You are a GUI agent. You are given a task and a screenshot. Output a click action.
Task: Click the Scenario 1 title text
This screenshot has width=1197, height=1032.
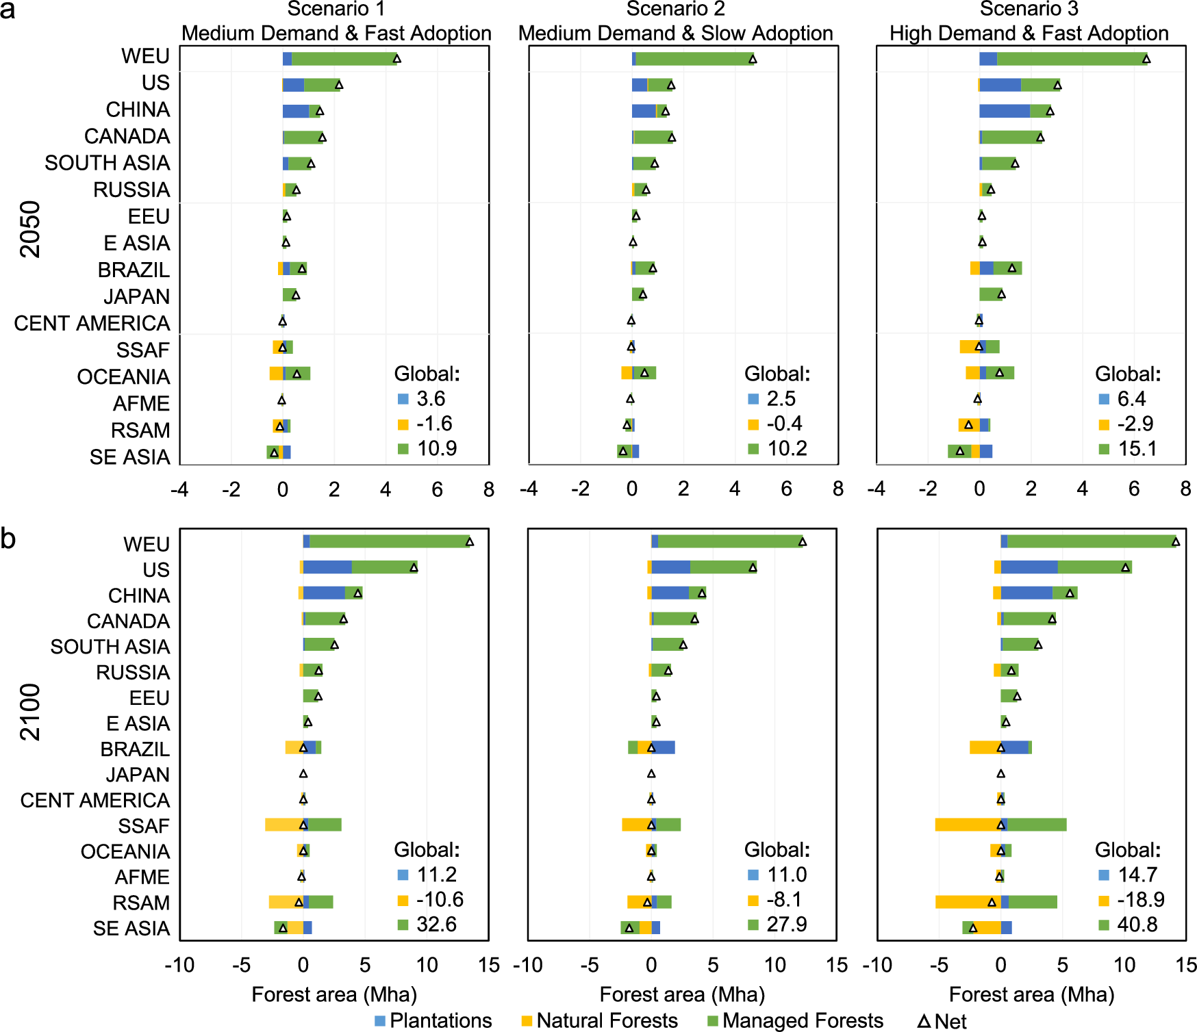pos(336,9)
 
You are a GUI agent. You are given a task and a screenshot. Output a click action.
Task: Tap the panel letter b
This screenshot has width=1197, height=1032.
pos(8,539)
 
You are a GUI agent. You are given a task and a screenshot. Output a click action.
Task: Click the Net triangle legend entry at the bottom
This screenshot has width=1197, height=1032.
pos(942,1021)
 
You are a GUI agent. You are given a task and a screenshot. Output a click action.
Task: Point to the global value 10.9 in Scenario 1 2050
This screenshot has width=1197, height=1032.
pos(437,448)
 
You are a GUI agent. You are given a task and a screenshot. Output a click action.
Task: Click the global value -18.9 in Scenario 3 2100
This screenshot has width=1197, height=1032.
pos(1140,899)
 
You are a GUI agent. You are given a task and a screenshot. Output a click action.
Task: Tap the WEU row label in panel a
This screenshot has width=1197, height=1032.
pos(145,56)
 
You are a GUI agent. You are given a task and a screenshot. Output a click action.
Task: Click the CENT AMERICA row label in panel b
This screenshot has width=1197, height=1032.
pos(94,800)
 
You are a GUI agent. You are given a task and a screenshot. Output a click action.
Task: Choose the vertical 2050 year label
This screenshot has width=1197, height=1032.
pos(30,229)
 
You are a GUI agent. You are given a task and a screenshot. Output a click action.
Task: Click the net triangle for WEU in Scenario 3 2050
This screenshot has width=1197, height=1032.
pos(1146,59)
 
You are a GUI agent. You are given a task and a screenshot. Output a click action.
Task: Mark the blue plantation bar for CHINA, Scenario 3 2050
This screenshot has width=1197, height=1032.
pos(1004,111)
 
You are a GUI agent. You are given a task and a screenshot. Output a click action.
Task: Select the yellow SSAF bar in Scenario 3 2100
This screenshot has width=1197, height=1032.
pos(967,825)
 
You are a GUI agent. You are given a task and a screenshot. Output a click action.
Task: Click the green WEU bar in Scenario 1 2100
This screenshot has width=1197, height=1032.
pos(389,541)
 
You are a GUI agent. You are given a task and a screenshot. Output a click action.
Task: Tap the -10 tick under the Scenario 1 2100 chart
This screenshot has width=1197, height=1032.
pos(179,965)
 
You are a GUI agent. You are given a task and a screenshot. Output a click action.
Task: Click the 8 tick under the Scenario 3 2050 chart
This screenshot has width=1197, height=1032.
pos(1185,489)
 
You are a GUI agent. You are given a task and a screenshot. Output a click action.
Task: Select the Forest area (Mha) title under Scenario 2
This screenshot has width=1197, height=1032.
pos(682,994)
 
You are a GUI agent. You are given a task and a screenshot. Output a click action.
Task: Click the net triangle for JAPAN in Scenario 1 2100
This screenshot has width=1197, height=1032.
pos(303,773)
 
